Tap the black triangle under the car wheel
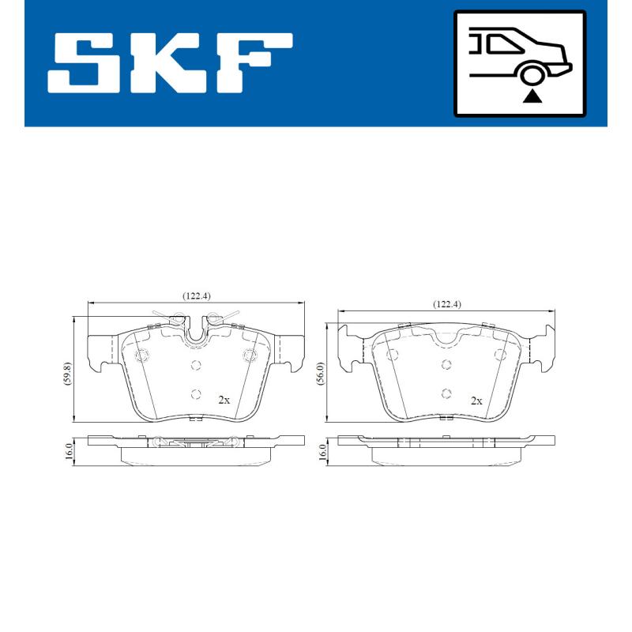coord(533,96)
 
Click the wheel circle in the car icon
coord(533,75)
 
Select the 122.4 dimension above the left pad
coord(196,296)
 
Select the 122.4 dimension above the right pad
coord(446,304)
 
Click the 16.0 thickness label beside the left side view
coord(69,451)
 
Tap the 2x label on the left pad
coord(224,400)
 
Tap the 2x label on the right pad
coord(476,401)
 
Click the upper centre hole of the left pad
coord(196,365)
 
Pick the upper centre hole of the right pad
coord(446,364)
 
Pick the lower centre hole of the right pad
coord(446,393)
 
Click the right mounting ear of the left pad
coord(289,352)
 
